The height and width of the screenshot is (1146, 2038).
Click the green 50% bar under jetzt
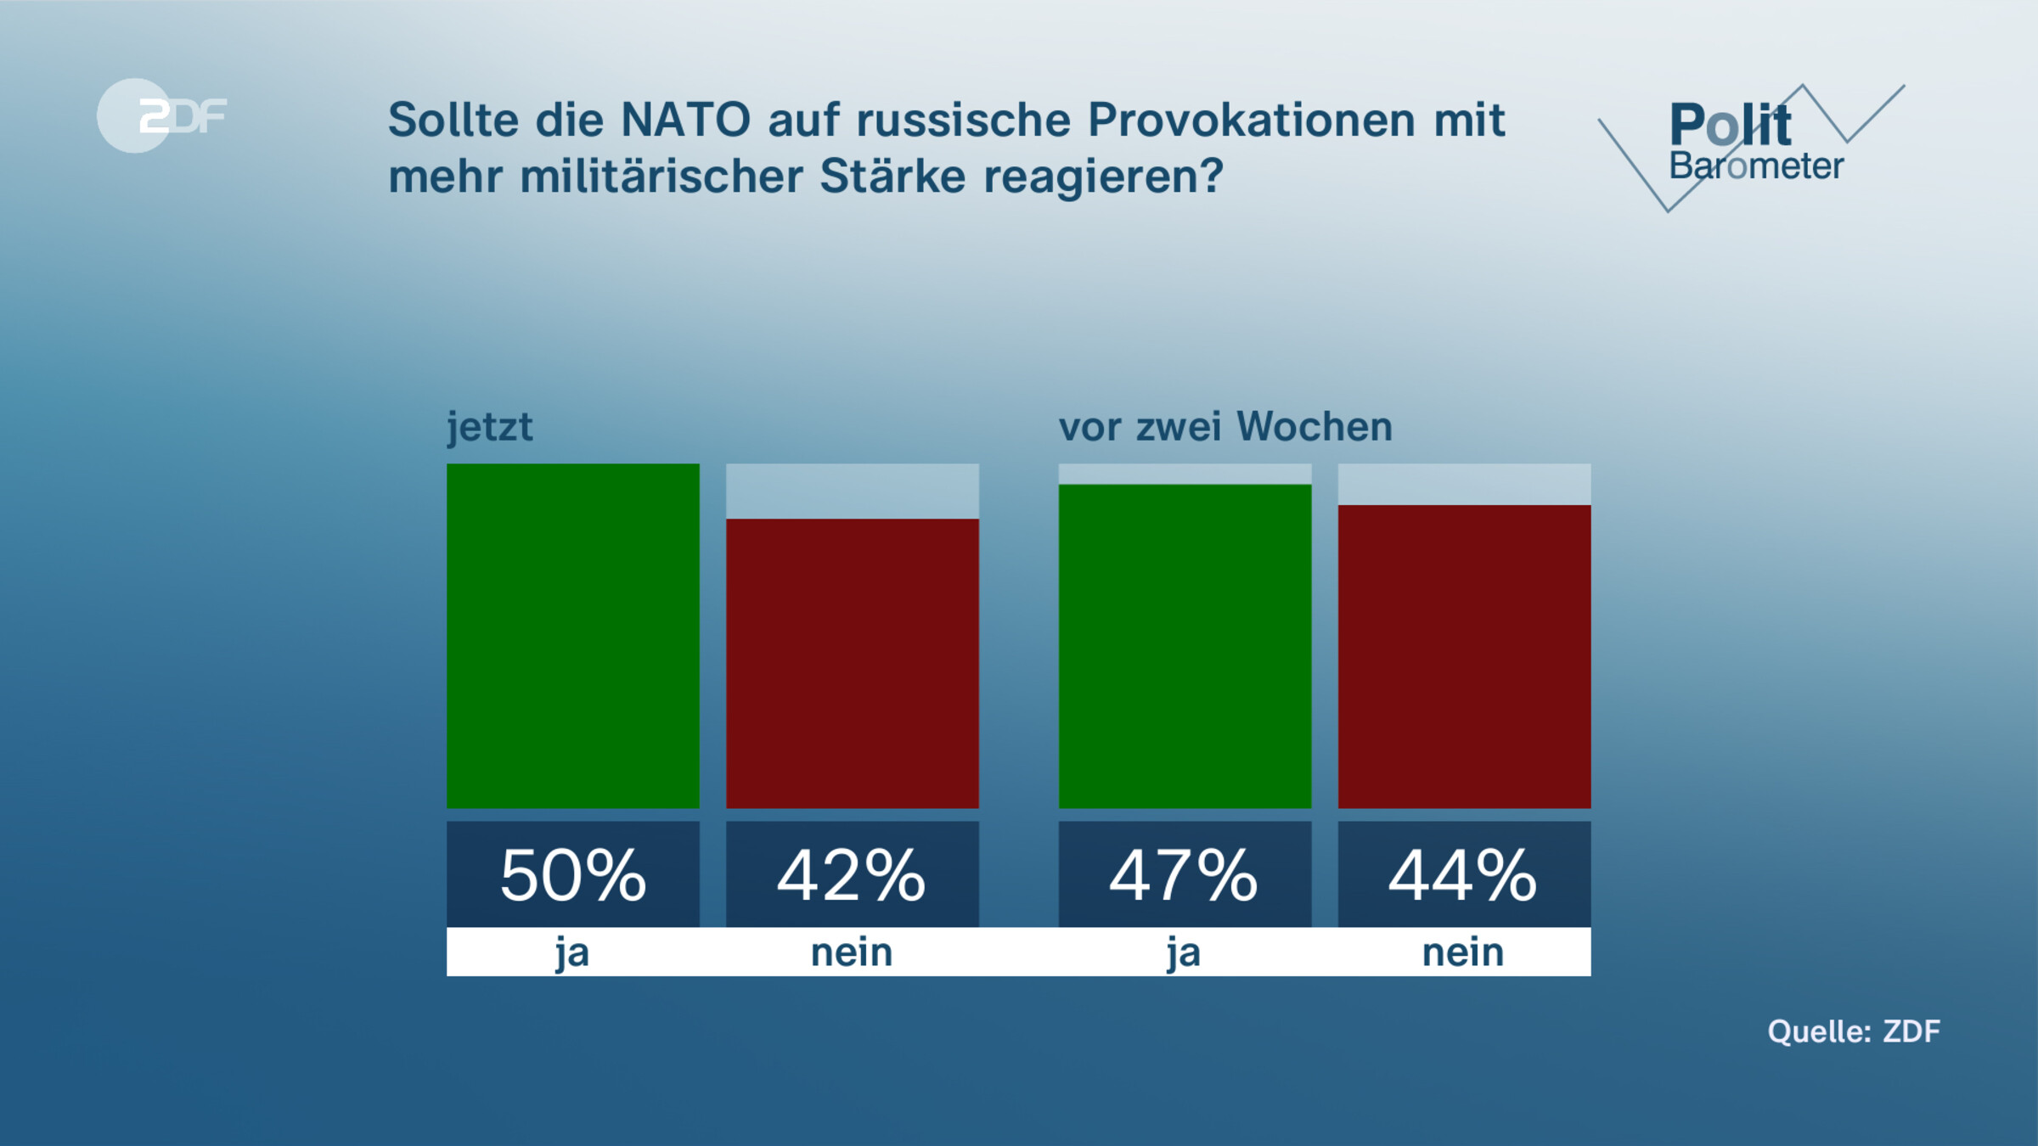[x=573, y=636]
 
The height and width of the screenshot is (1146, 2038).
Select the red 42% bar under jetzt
[x=853, y=663]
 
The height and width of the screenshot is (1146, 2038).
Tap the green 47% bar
[x=1185, y=646]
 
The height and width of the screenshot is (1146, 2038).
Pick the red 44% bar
[x=1464, y=656]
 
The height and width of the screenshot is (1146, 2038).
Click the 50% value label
[x=573, y=875]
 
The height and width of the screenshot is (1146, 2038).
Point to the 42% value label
[x=853, y=875]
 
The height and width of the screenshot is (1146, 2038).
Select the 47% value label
[x=1185, y=875]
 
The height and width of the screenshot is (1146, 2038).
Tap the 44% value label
[x=1464, y=875]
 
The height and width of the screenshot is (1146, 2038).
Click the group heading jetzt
[x=490, y=427]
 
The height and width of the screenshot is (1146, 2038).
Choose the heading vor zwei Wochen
[x=1225, y=427]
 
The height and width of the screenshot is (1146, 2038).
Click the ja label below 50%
[x=572, y=952]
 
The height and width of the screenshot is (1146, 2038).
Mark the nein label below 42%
[x=852, y=952]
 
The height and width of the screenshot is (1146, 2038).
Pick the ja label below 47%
[x=1184, y=952]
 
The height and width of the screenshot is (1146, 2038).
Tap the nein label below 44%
[x=1463, y=952]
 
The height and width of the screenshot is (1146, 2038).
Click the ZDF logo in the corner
[x=161, y=115]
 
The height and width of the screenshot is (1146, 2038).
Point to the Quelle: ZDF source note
[x=1854, y=1031]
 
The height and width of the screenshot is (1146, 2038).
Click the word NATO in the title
[x=686, y=120]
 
